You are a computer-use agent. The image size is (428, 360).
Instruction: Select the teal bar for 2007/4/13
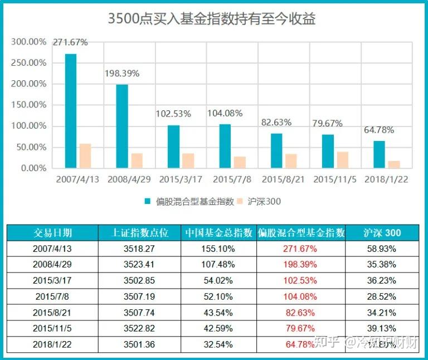click(71, 110)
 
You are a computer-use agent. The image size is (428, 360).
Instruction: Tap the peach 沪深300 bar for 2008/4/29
click(137, 160)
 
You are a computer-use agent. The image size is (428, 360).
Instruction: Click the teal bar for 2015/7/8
click(225, 145)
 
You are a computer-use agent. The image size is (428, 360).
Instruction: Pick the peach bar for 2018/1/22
click(394, 164)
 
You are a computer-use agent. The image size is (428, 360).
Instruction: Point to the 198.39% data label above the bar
click(122, 74)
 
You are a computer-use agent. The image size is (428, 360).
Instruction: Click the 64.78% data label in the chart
click(378, 130)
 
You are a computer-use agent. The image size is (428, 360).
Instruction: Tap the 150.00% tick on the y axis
click(29, 84)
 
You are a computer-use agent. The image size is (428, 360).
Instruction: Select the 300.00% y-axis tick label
click(29, 42)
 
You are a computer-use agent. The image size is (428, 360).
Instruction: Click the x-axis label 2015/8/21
click(283, 179)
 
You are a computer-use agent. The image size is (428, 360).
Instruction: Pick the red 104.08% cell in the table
click(300, 296)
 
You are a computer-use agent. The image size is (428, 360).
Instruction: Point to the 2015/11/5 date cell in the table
click(52, 328)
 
